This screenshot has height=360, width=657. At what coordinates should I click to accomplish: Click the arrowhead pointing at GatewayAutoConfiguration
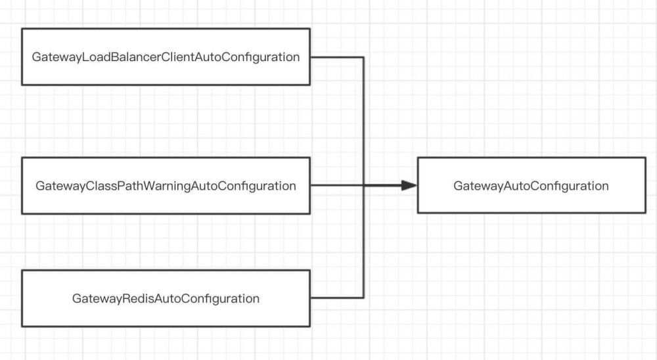coord(409,185)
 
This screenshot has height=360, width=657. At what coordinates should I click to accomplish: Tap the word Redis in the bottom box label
coord(137,299)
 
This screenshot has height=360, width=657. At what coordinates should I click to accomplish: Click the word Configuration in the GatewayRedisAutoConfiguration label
coord(226,299)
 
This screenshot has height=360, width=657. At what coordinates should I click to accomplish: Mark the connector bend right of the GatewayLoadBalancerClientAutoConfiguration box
coord(363,57)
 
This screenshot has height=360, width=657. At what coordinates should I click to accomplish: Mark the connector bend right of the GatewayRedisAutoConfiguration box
coord(363,298)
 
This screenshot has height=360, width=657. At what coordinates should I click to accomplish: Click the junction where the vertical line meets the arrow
coord(363,185)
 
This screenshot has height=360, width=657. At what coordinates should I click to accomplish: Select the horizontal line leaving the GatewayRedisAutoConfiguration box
coord(336,298)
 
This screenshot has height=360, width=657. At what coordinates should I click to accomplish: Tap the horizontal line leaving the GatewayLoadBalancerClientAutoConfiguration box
coord(336,57)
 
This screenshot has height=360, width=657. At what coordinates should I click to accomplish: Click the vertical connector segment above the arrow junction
coord(363,122)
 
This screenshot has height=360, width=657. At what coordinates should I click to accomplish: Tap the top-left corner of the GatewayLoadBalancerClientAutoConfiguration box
coord(22,29)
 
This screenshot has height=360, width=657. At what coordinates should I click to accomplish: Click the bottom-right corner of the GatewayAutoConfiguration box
coord(645,212)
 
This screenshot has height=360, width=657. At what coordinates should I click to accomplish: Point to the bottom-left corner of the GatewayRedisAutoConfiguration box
coord(22,326)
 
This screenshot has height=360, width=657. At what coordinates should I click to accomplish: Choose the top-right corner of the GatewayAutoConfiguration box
coord(645,158)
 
